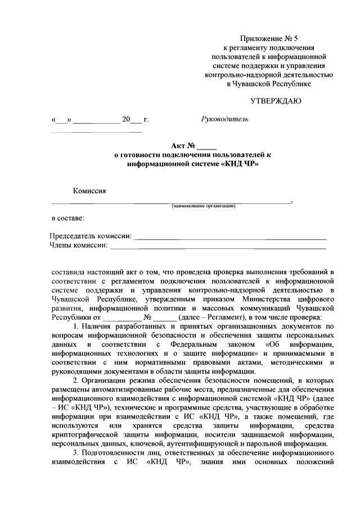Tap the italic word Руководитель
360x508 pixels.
pos(224,119)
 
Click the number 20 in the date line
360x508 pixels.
pos(126,120)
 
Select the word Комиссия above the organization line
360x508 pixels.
pos(89,190)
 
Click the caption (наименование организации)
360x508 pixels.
pos(204,206)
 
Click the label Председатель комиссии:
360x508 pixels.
pos(91,235)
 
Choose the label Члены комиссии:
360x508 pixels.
pos(78,244)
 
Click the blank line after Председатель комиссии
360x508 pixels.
pos(231,237)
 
